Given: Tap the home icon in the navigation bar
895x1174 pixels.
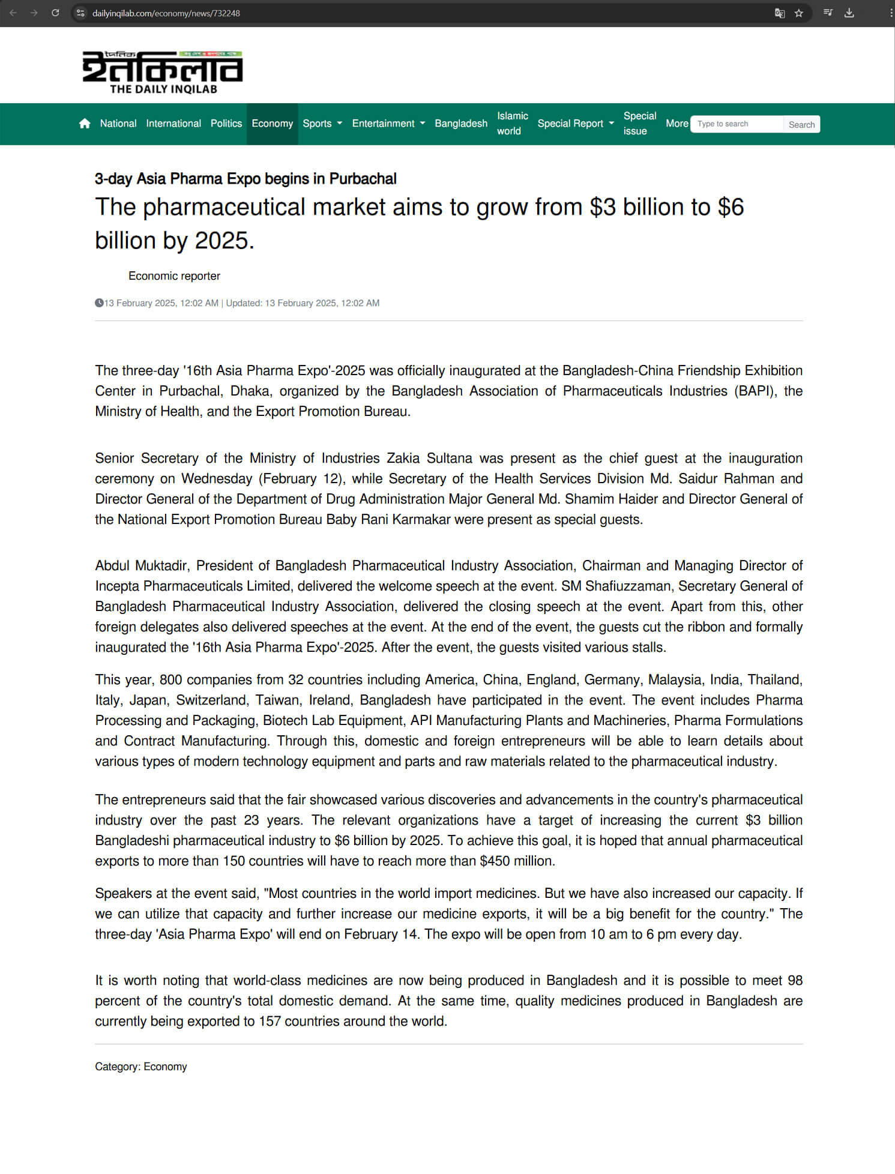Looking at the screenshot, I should (x=85, y=124).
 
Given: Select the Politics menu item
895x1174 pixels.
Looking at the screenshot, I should (x=226, y=124).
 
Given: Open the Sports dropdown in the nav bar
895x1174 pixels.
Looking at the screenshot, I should (x=322, y=124).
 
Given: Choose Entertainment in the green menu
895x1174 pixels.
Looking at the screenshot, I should (x=388, y=124).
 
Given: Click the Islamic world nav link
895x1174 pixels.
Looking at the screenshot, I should (x=512, y=124).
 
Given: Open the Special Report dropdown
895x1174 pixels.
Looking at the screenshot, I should (x=575, y=124).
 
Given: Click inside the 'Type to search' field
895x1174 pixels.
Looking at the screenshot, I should (x=737, y=124).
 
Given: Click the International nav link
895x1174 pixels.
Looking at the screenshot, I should (x=173, y=124).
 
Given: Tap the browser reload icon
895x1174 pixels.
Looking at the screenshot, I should (x=55, y=13).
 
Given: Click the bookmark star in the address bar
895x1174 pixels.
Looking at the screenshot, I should (x=798, y=13).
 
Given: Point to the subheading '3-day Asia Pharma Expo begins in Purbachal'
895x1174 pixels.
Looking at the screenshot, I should (x=246, y=179).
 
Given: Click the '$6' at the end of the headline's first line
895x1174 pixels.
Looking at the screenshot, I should (x=731, y=207).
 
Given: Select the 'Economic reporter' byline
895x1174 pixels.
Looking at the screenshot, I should (x=174, y=276).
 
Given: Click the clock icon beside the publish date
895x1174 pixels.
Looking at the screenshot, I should (x=99, y=303).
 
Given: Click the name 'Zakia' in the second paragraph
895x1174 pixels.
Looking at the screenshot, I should (x=403, y=459).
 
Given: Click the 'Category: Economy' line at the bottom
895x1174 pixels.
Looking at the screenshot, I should (x=141, y=1067).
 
